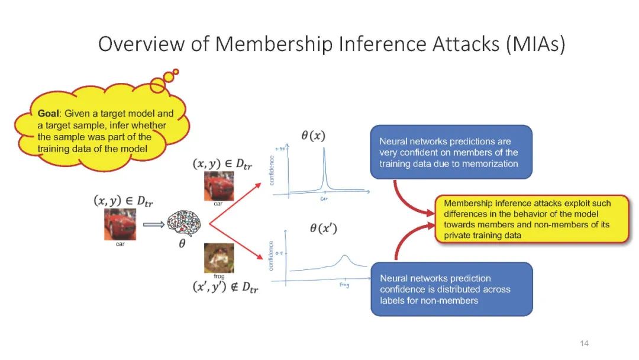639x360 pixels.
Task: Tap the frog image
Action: coord(219,257)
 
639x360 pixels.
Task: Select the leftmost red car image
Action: coord(120,224)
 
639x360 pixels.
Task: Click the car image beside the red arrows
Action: coord(219,185)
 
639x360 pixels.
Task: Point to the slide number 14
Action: coord(584,343)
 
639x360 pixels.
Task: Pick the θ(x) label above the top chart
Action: coord(313,136)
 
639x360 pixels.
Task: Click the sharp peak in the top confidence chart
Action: coord(324,154)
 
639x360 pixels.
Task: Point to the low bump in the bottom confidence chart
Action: coord(344,258)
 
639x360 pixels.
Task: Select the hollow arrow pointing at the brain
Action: coord(154,224)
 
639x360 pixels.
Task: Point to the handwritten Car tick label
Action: coord(324,200)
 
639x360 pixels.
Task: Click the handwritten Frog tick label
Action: coord(344,285)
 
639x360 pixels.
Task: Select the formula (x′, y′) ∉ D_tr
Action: coord(225,287)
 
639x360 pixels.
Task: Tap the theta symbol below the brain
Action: coord(182,244)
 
